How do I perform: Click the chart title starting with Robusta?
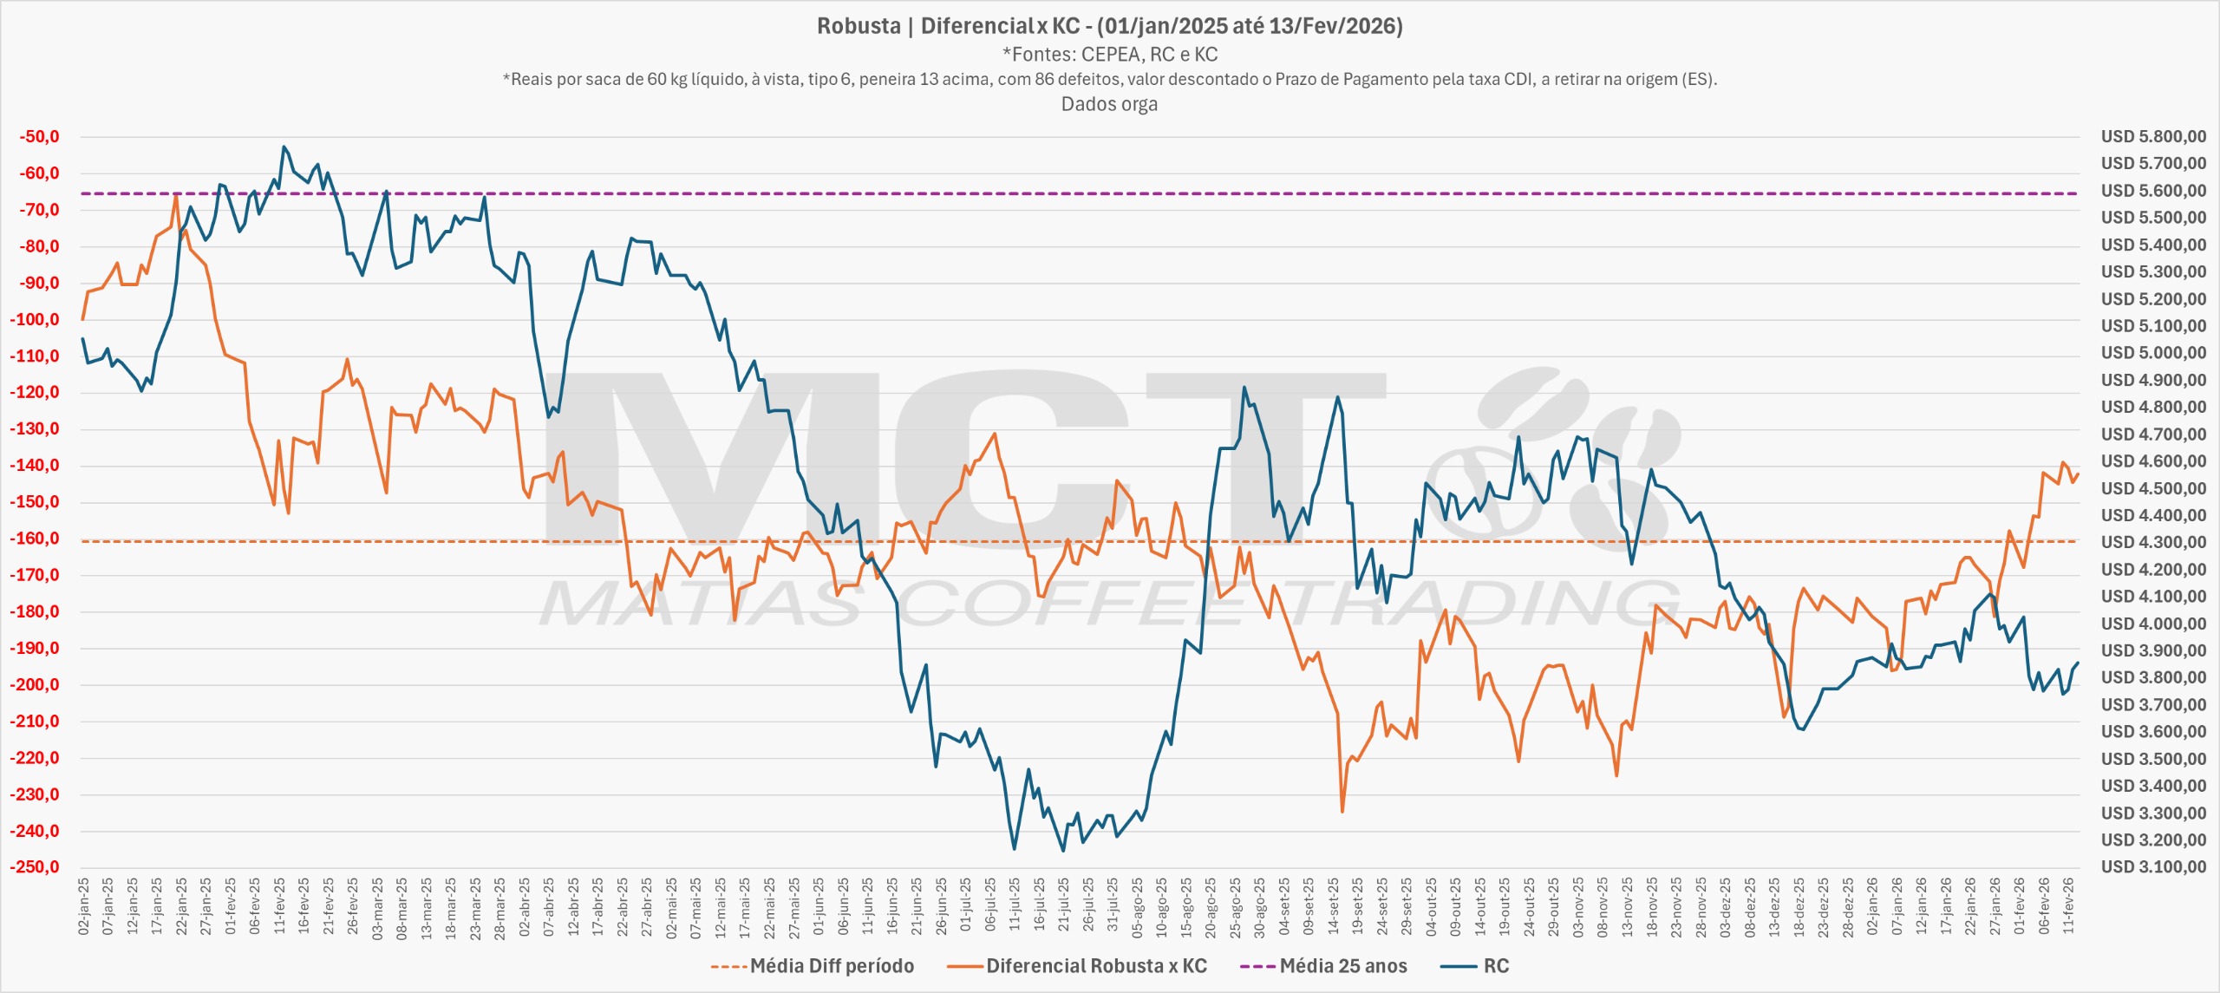pyautogui.click(x=1109, y=26)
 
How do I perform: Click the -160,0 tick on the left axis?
pyautogui.click(x=35, y=539)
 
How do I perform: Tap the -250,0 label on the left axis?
pyautogui.click(x=35, y=867)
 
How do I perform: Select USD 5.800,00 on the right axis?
pyautogui.click(x=2153, y=137)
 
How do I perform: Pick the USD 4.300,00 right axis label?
pyautogui.click(x=2153, y=542)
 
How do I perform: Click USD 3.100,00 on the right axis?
pyautogui.click(x=2153, y=867)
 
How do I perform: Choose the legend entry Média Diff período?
pyautogui.click(x=831, y=966)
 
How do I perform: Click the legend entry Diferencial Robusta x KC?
pyautogui.click(x=1096, y=966)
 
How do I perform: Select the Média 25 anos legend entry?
pyautogui.click(x=1342, y=966)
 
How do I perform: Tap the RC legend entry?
pyautogui.click(x=1496, y=966)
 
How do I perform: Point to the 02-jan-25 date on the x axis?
pyautogui.click(x=84, y=905)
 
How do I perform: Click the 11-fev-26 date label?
pyautogui.click(x=2068, y=905)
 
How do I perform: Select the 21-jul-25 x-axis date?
pyautogui.click(x=1063, y=905)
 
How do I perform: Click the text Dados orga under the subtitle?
pyautogui.click(x=1109, y=105)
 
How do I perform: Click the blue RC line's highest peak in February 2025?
pyautogui.click(x=284, y=147)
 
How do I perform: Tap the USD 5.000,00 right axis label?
pyautogui.click(x=2153, y=353)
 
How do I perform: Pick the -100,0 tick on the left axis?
pyautogui.click(x=35, y=320)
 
